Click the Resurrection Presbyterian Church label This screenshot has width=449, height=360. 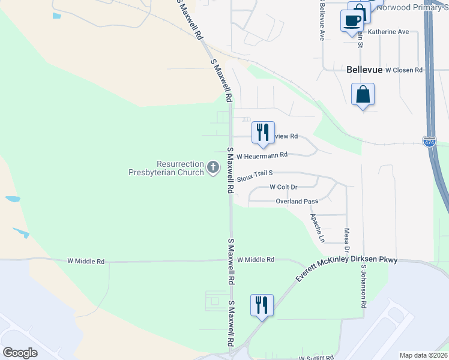point(166,168)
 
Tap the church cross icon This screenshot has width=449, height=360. point(212,167)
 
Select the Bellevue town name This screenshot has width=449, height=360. point(364,70)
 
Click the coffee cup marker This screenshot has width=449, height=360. point(351,20)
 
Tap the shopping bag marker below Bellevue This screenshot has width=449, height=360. point(363,95)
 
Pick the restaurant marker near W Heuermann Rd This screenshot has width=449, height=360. point(262,133)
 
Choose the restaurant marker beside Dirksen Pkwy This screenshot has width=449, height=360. point(262,305)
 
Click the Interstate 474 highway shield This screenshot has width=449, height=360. point(429,142)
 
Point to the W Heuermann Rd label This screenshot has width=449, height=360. point(262,155)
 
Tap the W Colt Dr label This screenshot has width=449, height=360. point(283,187)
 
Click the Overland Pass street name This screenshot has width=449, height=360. point(297,202)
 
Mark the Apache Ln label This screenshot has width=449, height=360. point(318,228)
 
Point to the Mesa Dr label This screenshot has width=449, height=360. point(346,239)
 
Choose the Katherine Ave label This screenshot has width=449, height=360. point(388,32)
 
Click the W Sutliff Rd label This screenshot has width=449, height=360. point(316,358)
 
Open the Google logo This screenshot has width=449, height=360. point(20,353)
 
